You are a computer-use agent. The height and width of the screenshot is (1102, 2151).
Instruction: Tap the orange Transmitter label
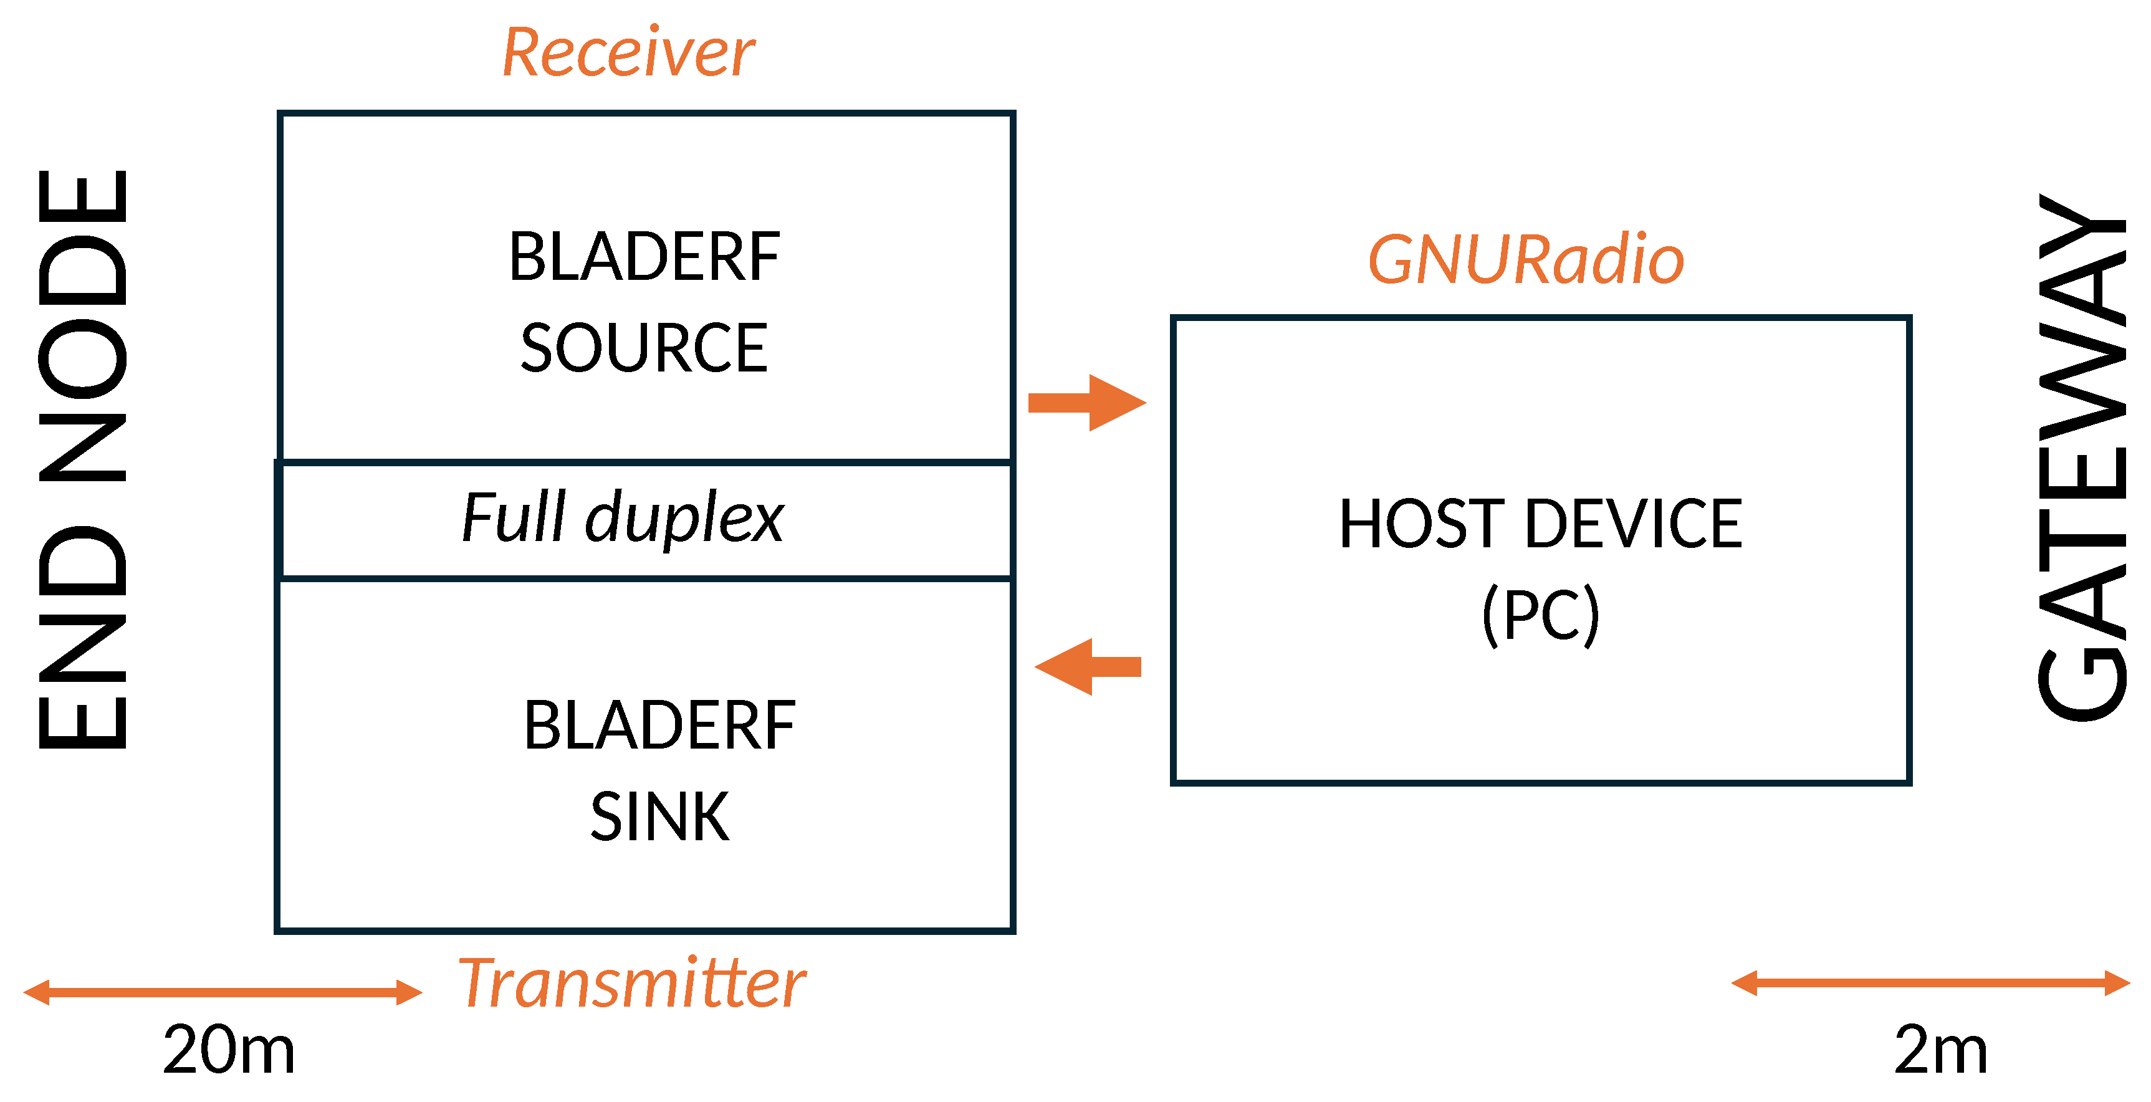[x=631, y=984]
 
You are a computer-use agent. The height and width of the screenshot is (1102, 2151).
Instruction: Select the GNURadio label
[x=1526, y=261]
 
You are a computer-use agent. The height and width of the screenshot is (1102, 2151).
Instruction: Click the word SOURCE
[x=643, y=348]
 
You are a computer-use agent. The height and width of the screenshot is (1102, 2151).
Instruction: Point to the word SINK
[x=659, y=817]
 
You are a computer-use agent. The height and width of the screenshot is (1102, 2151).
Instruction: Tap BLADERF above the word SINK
[x=659, y=726]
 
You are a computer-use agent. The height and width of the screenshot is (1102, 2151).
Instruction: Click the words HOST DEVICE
[x=1541, y=524]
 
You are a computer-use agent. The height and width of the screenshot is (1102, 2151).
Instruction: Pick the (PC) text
[x=1541, y=615]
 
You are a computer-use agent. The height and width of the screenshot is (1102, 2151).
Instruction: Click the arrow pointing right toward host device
[x=1086, y=403]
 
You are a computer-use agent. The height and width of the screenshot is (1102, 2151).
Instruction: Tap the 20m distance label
[x=228, y=1050]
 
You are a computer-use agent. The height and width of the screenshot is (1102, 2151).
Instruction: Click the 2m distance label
[x=1940, y=1050]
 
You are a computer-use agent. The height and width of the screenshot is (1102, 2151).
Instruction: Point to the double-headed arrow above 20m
[x=222, y=992]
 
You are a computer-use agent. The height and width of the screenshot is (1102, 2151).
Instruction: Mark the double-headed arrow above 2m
[x=1930, y=982]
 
